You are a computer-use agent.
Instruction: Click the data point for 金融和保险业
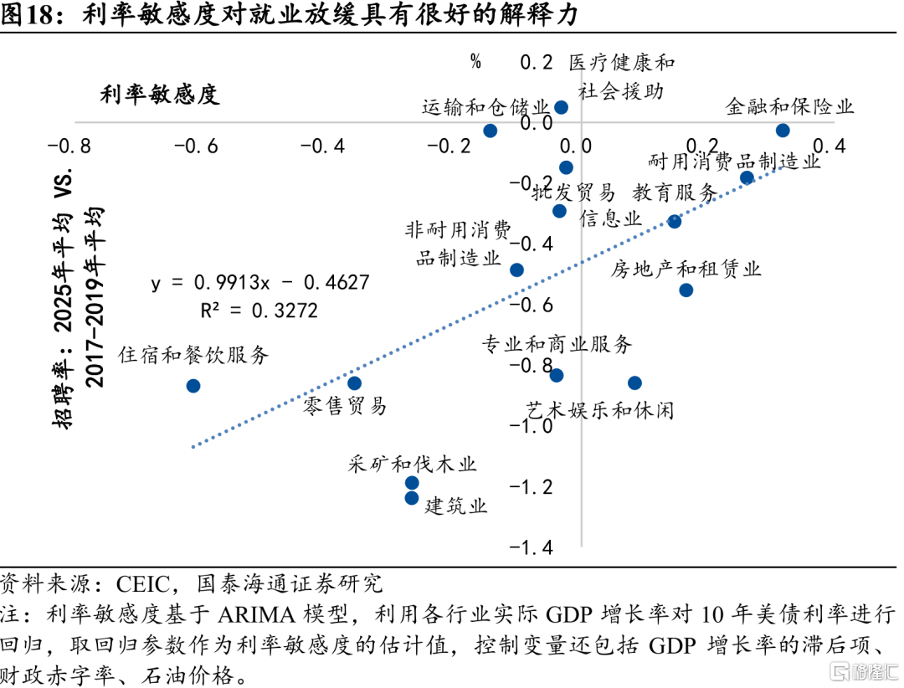pos(783,130)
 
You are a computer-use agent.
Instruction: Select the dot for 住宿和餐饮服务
pos(193,386)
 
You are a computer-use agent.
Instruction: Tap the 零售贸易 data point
pos(354,383)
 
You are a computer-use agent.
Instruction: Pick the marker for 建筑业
pos(412,498)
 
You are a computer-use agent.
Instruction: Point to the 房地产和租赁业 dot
pos(686,290)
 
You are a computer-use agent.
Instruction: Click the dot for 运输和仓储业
pos(491,131)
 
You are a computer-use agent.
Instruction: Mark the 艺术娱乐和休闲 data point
pos(634,383)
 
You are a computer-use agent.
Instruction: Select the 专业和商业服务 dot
pos(557,375)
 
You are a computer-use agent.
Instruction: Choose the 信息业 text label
pos(610,219)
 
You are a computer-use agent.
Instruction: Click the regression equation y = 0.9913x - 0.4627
pos(260,282)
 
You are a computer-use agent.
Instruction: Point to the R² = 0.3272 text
pos(259,311)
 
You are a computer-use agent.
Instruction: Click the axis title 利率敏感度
pos(159,95)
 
